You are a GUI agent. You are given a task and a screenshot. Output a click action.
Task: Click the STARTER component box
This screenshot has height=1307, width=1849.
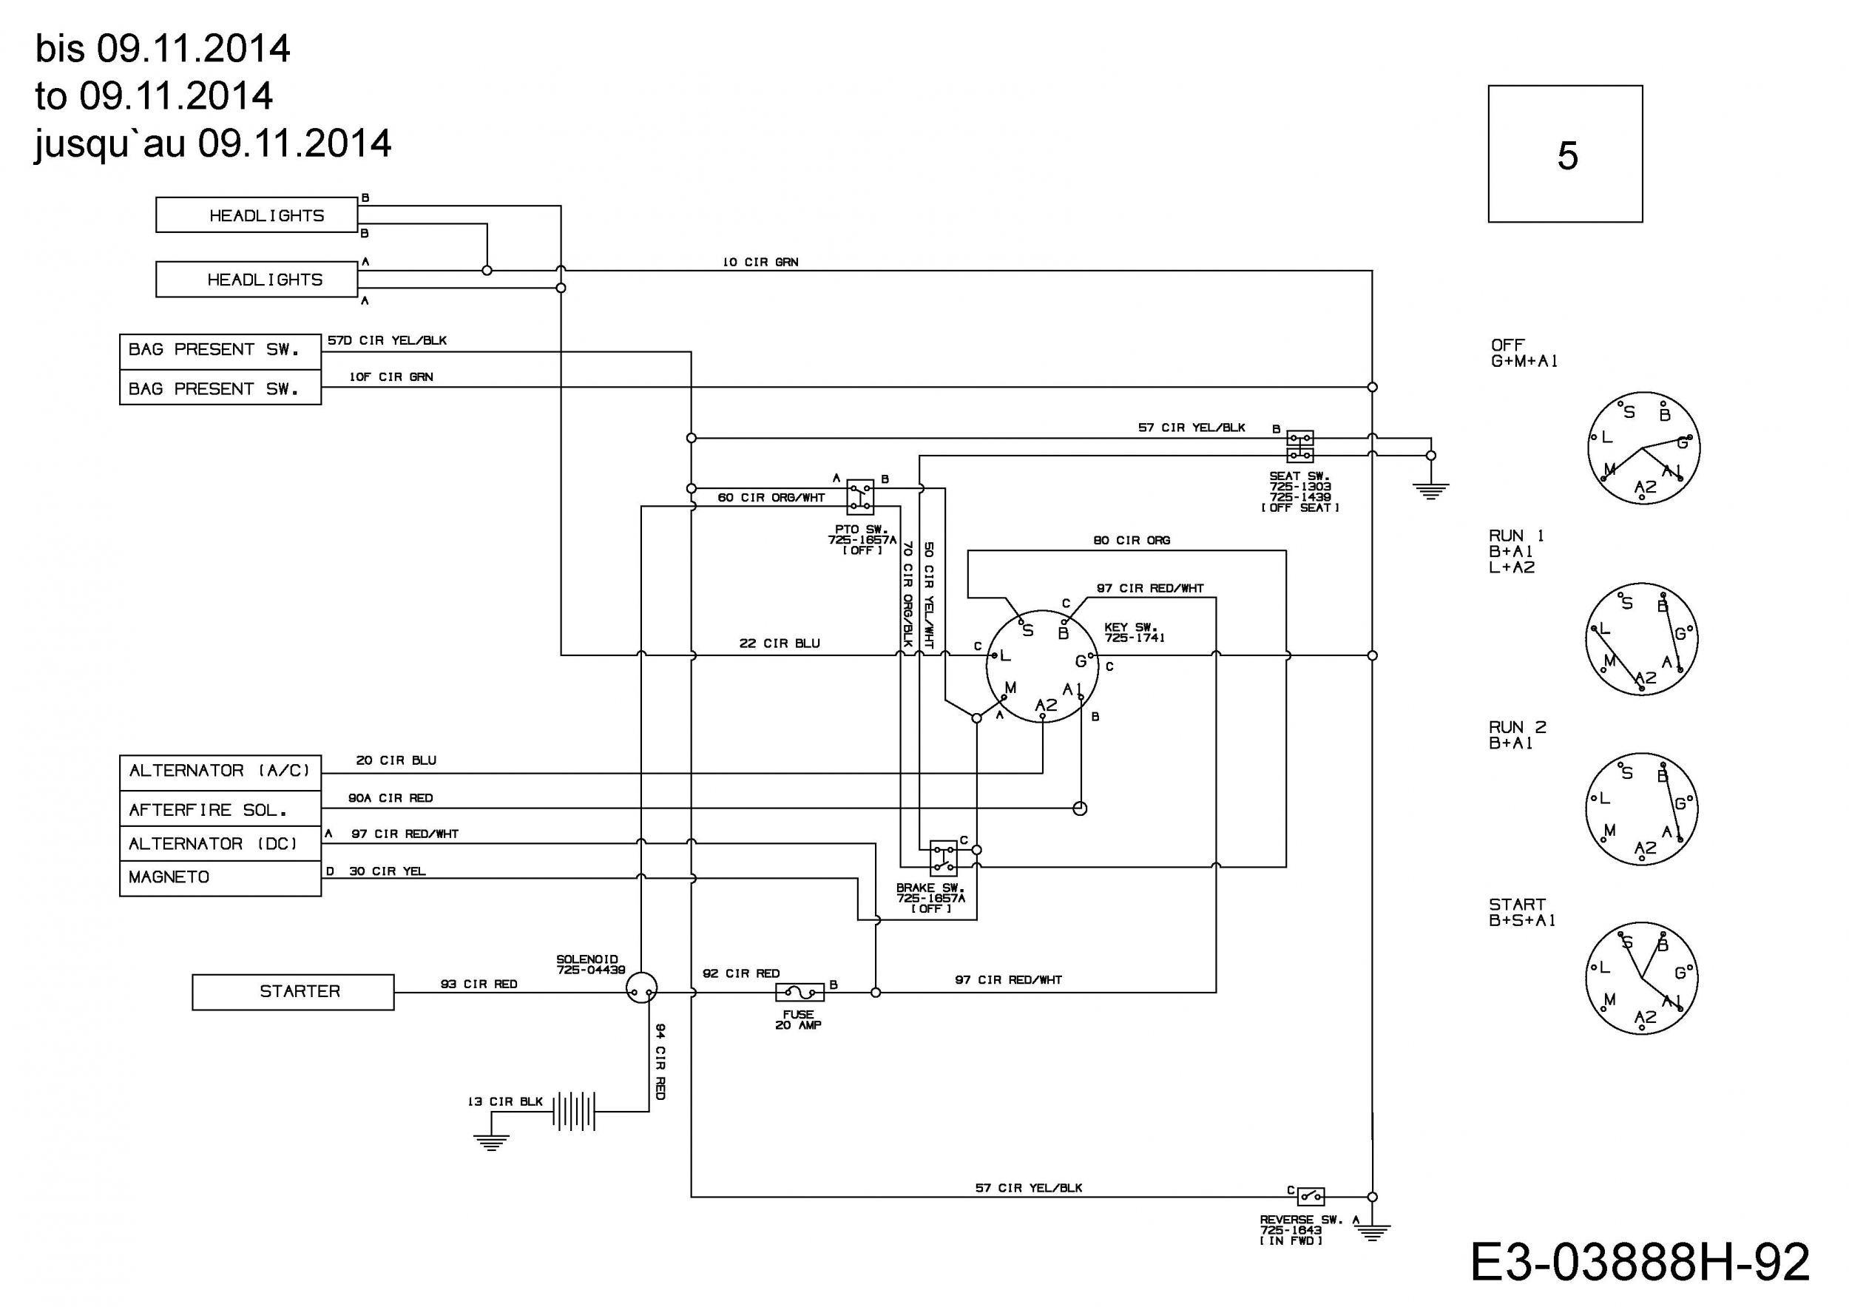pyautogui.click(x=293, y=991)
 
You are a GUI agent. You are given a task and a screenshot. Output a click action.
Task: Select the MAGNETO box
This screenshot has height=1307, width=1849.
pyautogui.click(x=220, y=878)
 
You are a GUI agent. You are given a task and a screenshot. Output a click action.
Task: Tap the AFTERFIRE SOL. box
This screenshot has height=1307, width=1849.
pyautogui.click(x=220, y=808)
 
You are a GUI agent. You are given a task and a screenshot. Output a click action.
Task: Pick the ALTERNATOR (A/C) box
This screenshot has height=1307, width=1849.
pyautogui.click(x=220, y=772)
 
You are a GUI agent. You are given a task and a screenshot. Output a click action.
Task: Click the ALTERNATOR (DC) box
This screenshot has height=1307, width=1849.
pyautogui.click(x=220, y=843)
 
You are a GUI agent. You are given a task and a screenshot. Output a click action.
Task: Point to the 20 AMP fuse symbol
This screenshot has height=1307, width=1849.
pyautogui.click(x=799, y=992)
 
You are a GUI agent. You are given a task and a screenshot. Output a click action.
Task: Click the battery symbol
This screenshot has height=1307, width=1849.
pyautogui.click(x=574, y=1111)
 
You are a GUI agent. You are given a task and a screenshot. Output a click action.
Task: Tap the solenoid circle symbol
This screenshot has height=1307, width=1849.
pyautogui.click(x=641, y=987)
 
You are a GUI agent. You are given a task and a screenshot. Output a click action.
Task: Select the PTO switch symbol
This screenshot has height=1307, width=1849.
pyautogui.click(x=860, y=497)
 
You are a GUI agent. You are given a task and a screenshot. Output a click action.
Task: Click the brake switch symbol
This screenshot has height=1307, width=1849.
pyautogui.click(x=943, y=857)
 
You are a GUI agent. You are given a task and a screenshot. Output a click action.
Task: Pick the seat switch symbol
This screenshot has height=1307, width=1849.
pyautogui.click(x=1299, y=446)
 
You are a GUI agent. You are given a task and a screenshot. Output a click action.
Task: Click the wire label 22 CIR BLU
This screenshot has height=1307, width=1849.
pyautogui.click(x=780, y=644)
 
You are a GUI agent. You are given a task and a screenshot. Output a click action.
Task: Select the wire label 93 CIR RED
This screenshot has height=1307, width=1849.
pyautogui.click(x=479, y=984)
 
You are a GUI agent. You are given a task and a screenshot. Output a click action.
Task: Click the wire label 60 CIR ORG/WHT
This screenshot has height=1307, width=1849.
pyautogui.click(x=771, y=498)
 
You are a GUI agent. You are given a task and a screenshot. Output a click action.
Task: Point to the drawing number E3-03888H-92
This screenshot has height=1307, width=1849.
pyautogui.click(x=1640, y=1262)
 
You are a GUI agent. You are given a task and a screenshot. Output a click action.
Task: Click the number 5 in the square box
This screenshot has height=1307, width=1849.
pyautogui.click(x=1567, y=155)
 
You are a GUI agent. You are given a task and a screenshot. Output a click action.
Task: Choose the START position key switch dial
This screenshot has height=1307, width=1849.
pyautogui.click(x=1641, y=978)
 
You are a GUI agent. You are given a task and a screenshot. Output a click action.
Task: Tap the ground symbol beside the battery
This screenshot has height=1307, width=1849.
pyautogui.click(x=491, y=1142)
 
